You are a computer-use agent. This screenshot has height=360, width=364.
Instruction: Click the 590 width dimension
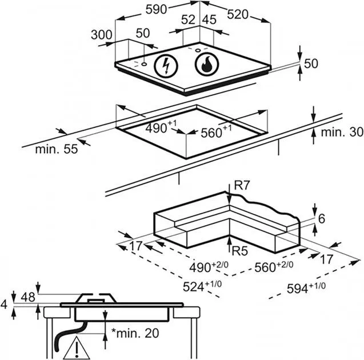[x=156, y=10]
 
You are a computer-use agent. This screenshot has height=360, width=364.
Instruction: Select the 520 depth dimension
[x=238, y=14]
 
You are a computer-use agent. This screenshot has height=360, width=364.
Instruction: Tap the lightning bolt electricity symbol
[x=166, y=66]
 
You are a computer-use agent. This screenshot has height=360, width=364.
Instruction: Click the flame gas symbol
[x=207, y=64]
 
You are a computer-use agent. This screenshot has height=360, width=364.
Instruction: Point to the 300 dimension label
[x=102, y=35]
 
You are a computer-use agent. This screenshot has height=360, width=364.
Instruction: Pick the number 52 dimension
[x=188, y=20]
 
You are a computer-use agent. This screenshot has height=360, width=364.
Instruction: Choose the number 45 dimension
[x=210, y=20]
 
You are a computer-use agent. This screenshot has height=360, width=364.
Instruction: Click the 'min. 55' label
[x=57, y=149]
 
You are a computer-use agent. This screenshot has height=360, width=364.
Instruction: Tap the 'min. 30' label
[x=342, y=133]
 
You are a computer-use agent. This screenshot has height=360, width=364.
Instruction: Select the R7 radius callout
[x=242, y=186]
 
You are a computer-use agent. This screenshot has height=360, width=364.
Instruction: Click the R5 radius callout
[x=240, y=251]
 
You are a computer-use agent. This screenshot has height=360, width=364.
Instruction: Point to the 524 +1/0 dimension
[x=202, y=286]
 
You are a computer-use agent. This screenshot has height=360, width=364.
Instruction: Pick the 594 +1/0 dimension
[x=306, y=288]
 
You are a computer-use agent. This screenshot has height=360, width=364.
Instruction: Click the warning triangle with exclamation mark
[x=77, y=348]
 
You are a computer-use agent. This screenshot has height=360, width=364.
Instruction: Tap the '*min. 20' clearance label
[x=135, y=333]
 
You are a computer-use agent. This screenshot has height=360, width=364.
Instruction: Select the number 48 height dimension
[x=28, y=297]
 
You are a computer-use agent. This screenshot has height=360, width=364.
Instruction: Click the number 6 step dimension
[x=322, y=219]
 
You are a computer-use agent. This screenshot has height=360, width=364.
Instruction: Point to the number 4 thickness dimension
[x=4, y=305]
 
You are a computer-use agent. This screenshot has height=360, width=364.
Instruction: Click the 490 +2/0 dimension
[x=209, y=267]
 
